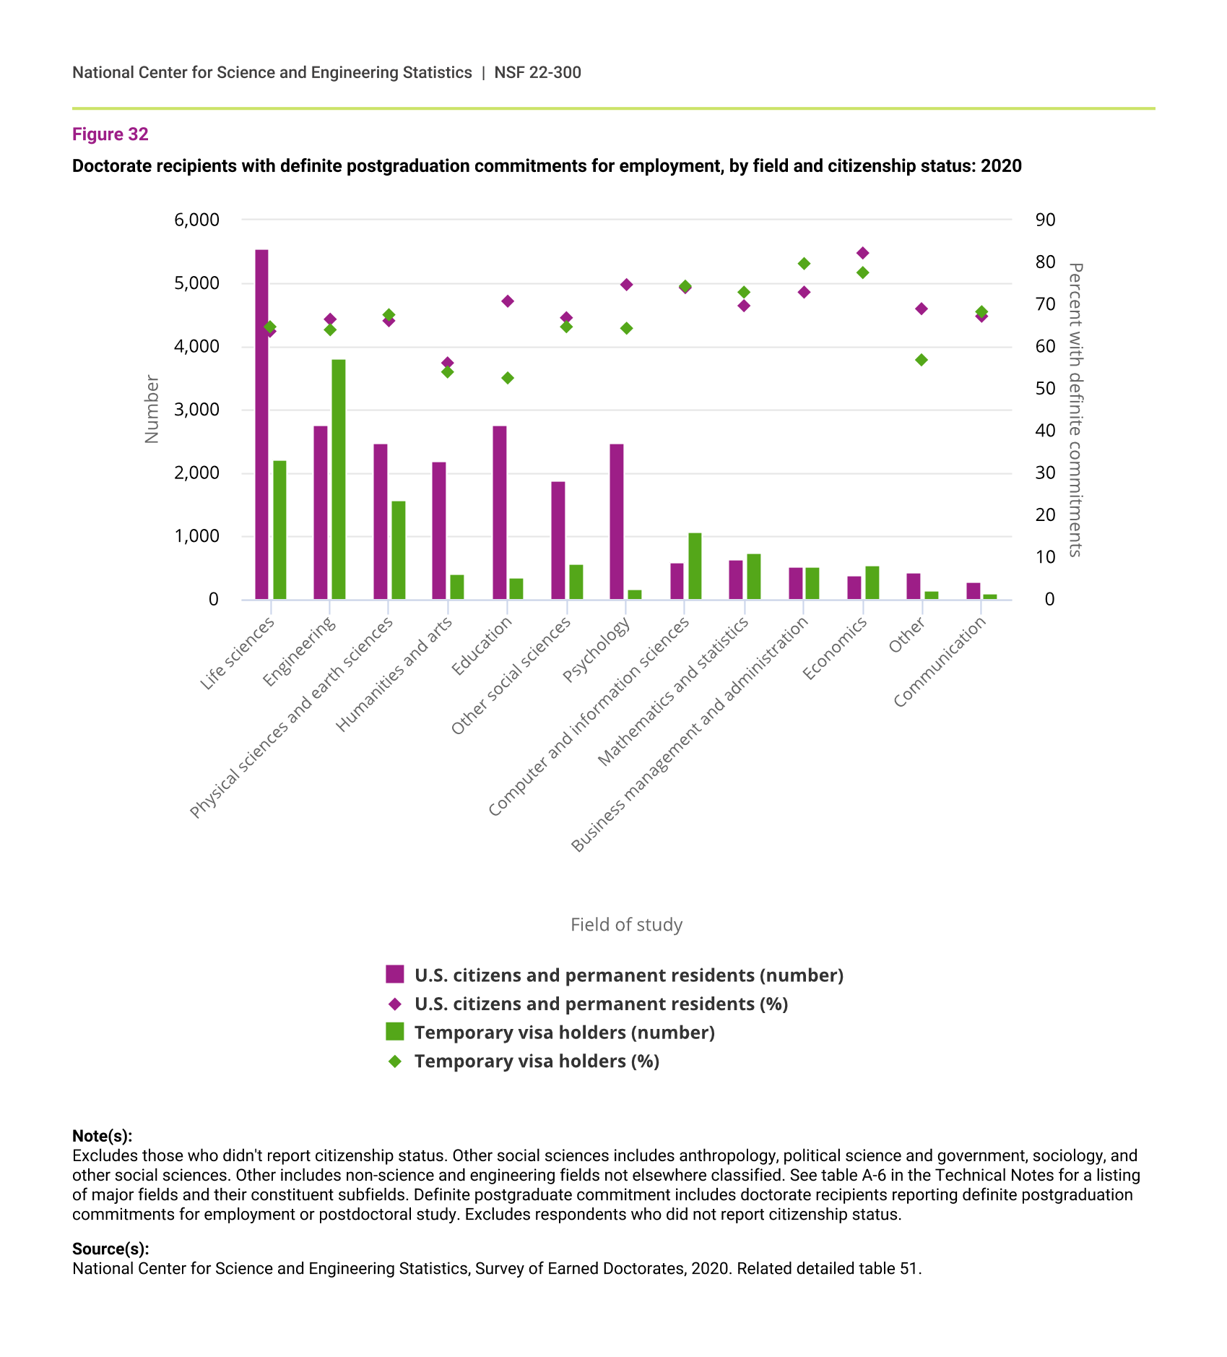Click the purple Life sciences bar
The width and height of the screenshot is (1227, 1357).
[261, 424]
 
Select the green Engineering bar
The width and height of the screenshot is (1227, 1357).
[339, 479]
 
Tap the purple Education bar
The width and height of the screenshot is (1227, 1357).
[499, 512]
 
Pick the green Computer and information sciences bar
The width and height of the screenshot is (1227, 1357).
[695, 566]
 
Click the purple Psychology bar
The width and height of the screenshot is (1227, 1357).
[617, 522]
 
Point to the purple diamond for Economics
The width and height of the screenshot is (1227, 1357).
[862, 253]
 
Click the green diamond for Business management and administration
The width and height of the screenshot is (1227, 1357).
[804, 264]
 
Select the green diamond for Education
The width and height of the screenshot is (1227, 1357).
[508, 378]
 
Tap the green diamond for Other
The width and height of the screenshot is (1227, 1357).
[922, 360]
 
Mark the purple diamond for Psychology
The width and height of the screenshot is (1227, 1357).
[627, 285]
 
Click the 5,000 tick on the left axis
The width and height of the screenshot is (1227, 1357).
[196, 283]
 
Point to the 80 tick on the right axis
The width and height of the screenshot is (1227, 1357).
[1045, 262]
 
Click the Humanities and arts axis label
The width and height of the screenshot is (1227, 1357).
[395, 674]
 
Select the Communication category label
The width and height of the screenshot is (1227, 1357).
[940, 663]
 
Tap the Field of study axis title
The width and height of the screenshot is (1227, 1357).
[626, 925]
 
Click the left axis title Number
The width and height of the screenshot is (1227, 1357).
[152, 409]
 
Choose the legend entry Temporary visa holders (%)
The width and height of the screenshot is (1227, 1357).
[537, 1061]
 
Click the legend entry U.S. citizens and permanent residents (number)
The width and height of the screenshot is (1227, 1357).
[628, 975]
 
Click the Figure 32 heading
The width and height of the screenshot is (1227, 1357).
[110, 134]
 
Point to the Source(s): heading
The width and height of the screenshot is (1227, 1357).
[110, 1249]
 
